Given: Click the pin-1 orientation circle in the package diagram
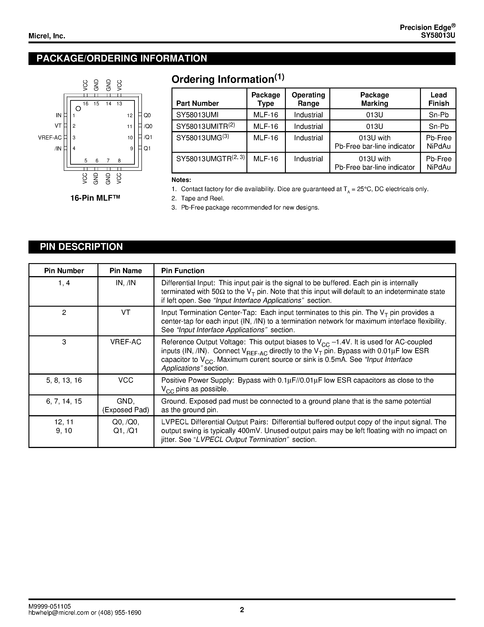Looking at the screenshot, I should tap(78, 109).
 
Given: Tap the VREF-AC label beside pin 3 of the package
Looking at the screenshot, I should tap(50, 137).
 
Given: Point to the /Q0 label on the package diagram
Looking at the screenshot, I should tap(148, 126).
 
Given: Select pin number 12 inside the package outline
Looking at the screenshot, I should tap(130, 115).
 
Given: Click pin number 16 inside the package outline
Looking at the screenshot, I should tap(85, 104).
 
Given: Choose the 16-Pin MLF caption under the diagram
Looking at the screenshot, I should tap(95, 198).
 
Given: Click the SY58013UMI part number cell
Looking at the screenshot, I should tap(197, 115).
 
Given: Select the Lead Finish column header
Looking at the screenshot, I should tap(438, 99).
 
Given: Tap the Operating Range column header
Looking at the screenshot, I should tap(308, 99).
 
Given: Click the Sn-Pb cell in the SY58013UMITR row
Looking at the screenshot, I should tap(438, 126).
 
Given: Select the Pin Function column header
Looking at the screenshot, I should tap(183, 271).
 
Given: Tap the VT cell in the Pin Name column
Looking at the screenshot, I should tap(125, 312).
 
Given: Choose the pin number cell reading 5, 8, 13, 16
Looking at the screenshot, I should tap(64, 380).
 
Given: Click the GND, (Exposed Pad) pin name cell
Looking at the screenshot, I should tap(125, 405).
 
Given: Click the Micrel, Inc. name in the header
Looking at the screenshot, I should tap(47, 36).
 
